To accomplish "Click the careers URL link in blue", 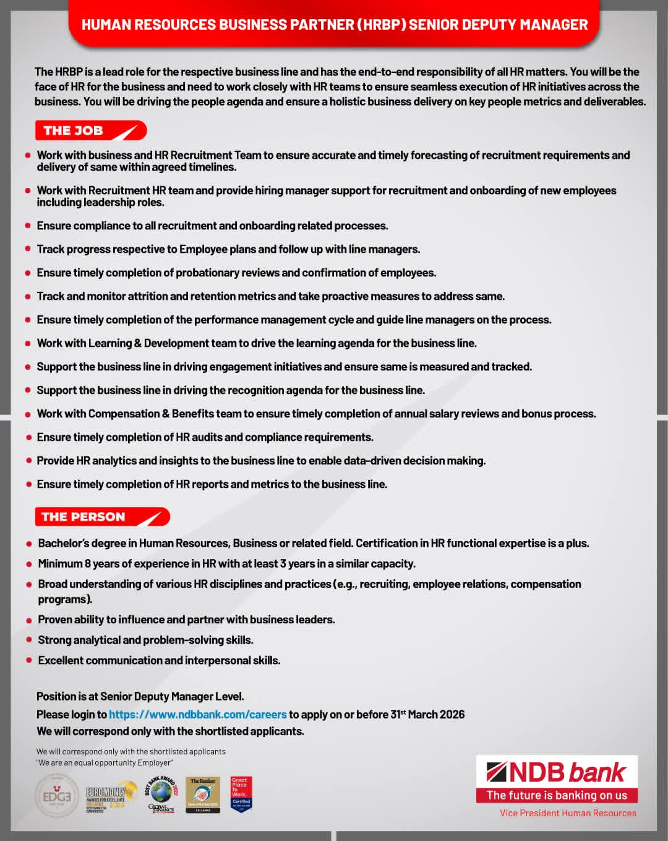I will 197,714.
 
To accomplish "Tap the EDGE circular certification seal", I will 56,796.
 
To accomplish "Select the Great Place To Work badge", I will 241,795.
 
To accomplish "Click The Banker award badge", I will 203,795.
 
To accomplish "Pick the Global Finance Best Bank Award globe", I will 161,794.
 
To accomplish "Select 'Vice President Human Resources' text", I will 568,813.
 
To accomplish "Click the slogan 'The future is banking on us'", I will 557,795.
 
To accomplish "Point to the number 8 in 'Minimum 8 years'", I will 88,563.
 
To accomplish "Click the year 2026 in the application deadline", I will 452,714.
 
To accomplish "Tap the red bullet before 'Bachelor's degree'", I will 29,544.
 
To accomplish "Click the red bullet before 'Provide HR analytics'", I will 29,461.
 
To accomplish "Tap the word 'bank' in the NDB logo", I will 597,772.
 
